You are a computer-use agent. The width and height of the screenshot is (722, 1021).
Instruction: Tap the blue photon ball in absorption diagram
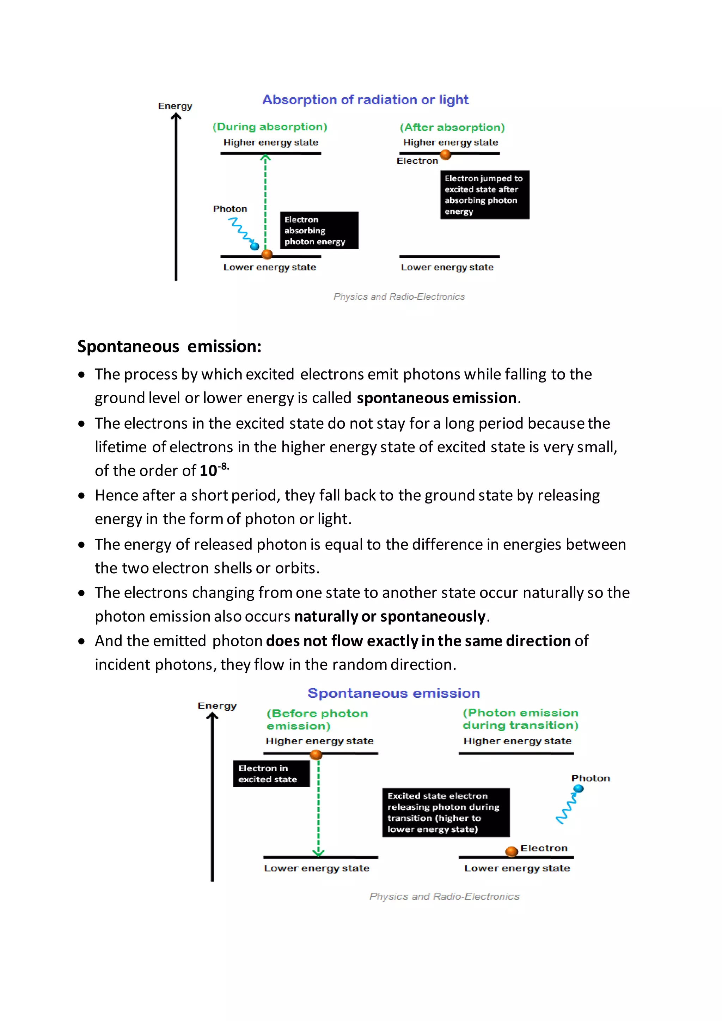(x=255, y=246)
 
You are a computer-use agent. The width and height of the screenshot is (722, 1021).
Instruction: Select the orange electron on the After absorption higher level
(x=446, y=155)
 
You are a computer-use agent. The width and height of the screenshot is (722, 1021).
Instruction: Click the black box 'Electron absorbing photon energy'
(x=319, y=230)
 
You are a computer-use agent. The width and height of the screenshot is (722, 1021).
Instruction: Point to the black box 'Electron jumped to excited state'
(x=485, y=195)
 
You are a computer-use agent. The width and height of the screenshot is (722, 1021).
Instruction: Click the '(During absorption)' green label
(x=270, y=127)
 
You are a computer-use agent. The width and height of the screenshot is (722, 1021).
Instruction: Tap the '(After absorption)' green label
(x=452, y=128)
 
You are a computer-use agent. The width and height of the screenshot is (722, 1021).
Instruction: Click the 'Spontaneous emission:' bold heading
(x=169, y=346)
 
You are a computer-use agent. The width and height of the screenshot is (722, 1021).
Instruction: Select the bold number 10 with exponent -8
(x=213, y=470)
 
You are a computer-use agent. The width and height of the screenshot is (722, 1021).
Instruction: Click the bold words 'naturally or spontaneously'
(x=390, y=616)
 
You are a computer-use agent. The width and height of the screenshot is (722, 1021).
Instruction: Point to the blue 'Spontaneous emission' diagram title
(x=393, y=693)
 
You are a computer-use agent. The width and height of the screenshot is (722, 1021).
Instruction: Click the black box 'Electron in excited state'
(x=271, y=773)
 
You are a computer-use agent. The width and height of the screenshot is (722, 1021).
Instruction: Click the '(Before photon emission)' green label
(x=317, y=720)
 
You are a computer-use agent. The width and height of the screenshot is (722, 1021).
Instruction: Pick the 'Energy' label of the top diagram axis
(x=175, y=106)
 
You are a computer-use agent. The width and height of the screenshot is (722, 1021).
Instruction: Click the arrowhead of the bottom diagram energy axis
(x=213, y=716)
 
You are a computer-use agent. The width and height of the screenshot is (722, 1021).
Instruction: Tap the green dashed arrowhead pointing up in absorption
(x=265, y=158)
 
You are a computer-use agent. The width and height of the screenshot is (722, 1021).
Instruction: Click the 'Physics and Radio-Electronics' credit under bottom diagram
(x=444, y=897)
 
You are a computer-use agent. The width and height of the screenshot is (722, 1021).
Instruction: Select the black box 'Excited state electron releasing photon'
(x=446, y=812)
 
